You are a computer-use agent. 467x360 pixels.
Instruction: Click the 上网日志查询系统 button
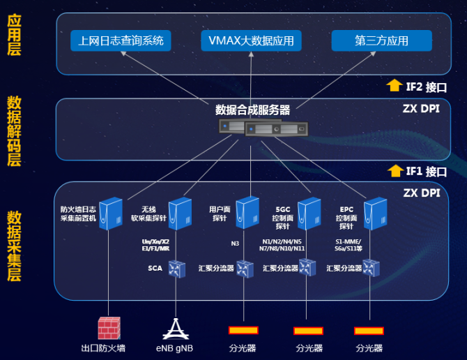click(x=121, y=40)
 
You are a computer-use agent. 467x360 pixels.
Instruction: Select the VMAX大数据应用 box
click(x=251, y=40)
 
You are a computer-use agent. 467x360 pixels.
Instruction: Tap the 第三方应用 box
click(x=381, y=40)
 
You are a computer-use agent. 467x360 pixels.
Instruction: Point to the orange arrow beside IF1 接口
click(x=395, y=170)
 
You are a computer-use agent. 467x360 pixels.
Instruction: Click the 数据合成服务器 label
click(x=252, y=110)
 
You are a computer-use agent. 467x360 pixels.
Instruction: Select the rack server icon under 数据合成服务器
click(x=261, y=128)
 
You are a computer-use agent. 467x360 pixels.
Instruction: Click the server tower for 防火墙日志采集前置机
click(x=109, y=213)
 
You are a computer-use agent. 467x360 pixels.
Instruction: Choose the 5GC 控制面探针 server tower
click(x=309, y=213)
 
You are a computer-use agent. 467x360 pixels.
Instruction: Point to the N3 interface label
click(x=236, y=243)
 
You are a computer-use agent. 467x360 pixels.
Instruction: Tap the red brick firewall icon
click(x=109, y=328)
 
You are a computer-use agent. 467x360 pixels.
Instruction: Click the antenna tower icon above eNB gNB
click(x=175, y=328)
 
